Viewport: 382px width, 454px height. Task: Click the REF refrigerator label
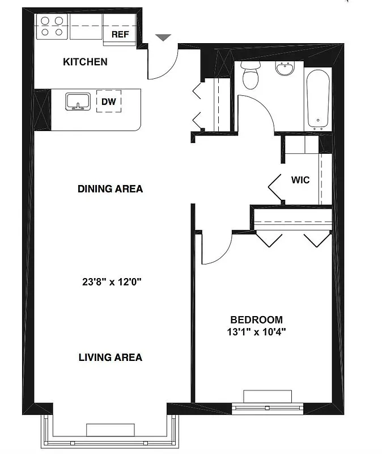(x=120, y=35)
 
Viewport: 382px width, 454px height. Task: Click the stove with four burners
(x=52, y=27)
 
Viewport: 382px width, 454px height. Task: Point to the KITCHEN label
(x=85, y=62)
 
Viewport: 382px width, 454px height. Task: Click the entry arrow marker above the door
(x=163, y=37)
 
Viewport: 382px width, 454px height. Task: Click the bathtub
(x=318, y=98)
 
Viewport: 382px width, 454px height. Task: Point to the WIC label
(x=300, y=180)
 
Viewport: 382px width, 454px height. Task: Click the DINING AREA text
(x=110, y=189)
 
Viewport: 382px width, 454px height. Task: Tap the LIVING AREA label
(x=110, y=358)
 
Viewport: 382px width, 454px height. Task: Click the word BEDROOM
(x=256, y=320)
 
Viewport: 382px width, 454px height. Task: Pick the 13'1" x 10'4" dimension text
(x=256, y=332)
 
